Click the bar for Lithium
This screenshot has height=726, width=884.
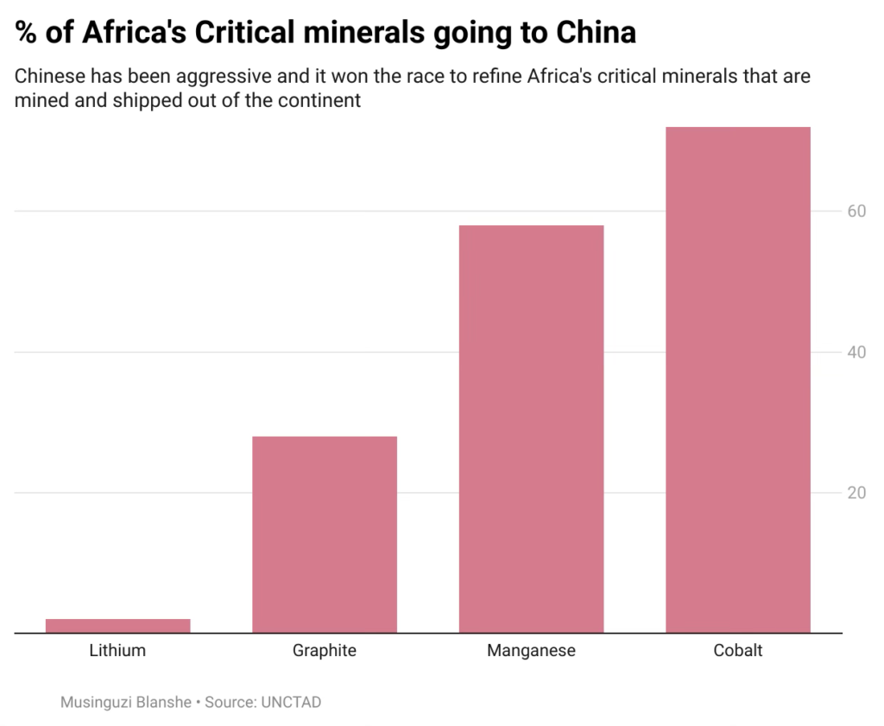117,626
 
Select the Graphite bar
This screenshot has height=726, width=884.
325,534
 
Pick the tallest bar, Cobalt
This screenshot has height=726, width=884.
738,380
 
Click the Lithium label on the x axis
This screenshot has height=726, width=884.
117,650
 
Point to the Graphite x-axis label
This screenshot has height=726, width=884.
325,650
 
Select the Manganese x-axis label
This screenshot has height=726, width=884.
531,650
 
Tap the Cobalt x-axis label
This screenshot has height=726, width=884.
738,650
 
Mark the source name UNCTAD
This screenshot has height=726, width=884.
290,702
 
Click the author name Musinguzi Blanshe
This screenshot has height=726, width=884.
126,702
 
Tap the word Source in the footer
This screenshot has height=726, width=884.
228,702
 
